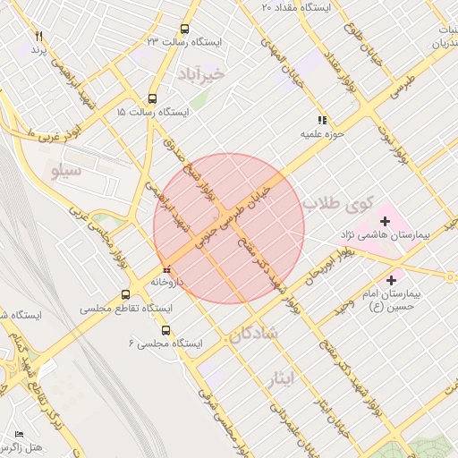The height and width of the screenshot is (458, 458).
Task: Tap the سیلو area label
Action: click(x=67, y=170)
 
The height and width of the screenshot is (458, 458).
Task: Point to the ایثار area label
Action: click(x=280, y=378)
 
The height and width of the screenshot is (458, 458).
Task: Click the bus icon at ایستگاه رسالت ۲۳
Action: click(x=184, y=29)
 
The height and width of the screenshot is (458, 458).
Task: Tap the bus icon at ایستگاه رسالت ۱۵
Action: click(x=152, y=99)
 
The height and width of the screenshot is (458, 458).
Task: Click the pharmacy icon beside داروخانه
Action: click(x=165, y=268)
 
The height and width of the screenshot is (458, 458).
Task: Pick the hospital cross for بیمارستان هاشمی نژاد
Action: click(x=386, y=220)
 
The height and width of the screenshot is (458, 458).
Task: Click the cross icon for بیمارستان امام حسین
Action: click(x=391, y=280)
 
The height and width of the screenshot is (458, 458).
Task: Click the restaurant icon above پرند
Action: click(x=38, y=35)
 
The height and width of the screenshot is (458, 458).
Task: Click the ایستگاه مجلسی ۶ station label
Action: click(x=165, y=343)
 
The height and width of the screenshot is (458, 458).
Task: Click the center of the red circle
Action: click(x=229, y=228)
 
